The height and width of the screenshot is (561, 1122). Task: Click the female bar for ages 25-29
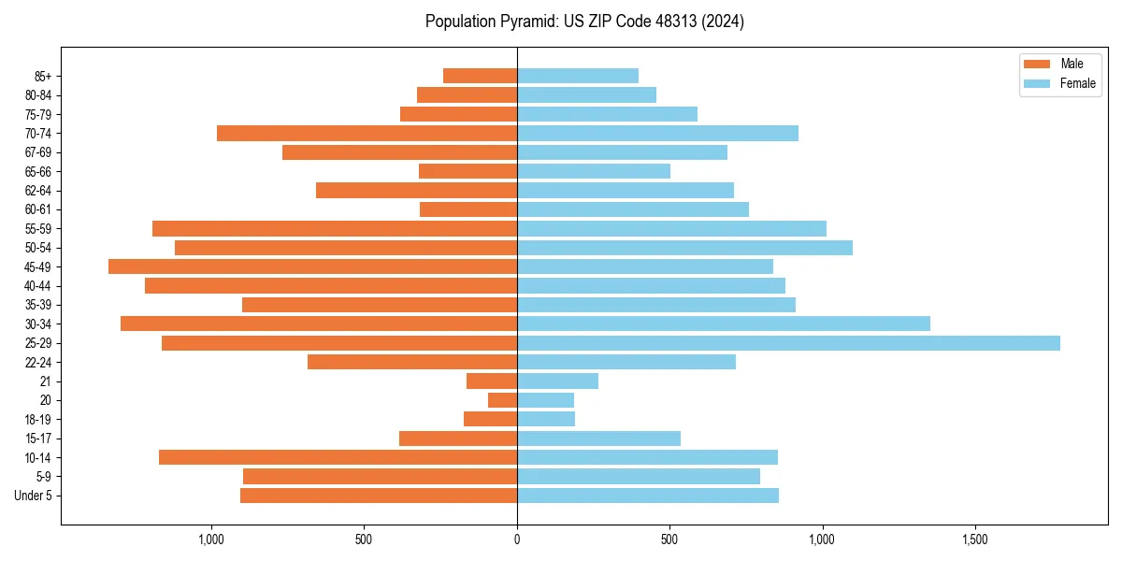[788, 343]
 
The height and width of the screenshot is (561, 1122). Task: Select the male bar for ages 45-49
[312, 266]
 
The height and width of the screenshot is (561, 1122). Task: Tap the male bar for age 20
[502, 400]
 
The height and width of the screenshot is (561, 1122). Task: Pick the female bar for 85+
[578, 76]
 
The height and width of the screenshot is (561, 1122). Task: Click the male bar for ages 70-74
[367, 134]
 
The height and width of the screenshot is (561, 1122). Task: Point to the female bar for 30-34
[724, 324]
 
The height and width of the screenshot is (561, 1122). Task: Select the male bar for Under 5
[379, 496]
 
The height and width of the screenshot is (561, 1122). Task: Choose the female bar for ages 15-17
[598, 439]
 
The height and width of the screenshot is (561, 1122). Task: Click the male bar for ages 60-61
[468, 209]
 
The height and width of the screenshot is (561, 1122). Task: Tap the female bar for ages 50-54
[684, 248]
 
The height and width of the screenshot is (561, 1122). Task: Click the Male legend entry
[1072, 64]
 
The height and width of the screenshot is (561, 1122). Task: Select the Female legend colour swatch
[1038, 83]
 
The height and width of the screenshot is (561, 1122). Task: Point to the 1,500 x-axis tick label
[975, 540]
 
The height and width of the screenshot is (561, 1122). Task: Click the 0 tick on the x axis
[517, 540]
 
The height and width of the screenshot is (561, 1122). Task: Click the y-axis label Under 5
[33, 496]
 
